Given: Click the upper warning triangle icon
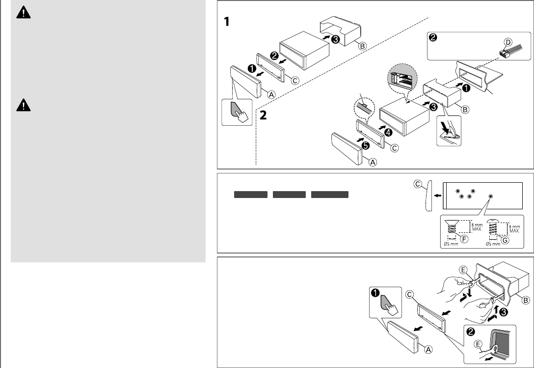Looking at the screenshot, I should point(23,13).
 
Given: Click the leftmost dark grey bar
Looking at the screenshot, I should point(250,195).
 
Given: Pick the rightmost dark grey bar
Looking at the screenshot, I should point(330,195).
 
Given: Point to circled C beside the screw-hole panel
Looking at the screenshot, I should point(417,185).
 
